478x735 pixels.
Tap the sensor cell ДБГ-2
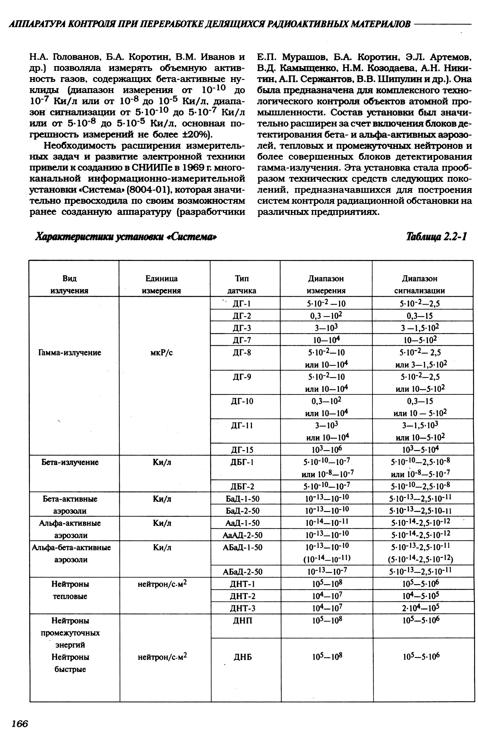coord(242,486)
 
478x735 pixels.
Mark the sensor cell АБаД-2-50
coord(242,572)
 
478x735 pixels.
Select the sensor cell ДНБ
coord(242,657)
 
